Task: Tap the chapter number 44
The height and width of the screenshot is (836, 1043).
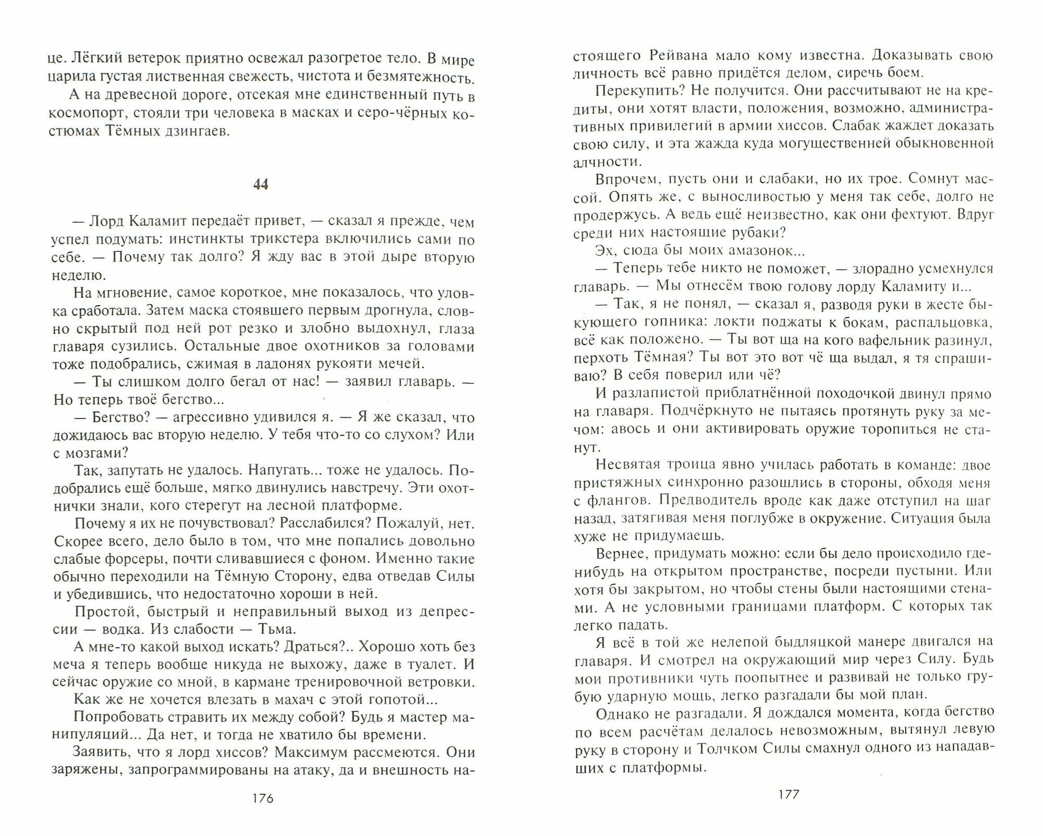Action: click(260, 185)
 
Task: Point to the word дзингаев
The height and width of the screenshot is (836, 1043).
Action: click(197, 131)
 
